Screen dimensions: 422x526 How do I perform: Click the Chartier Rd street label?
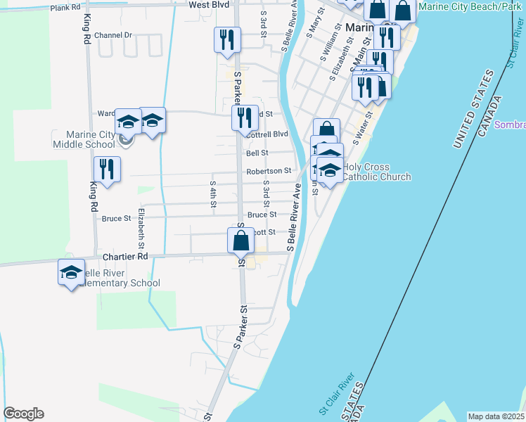click(123, 257)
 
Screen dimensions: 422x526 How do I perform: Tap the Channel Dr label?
click(113, 34)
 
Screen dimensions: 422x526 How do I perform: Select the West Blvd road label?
click(210, 4)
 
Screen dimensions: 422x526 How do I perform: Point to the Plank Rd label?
click(65, 7)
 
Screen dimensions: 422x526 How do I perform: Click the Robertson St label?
click(269, 171)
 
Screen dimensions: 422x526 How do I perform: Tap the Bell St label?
click(257, 153)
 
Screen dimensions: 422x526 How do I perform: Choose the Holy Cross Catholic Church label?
click(376, 172)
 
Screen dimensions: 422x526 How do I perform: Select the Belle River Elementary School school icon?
click(71, 272)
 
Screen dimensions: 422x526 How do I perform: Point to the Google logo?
click(24, 414)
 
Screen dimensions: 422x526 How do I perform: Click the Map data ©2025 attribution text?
click(496, 416)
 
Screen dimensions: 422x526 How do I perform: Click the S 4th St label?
click(213, 194)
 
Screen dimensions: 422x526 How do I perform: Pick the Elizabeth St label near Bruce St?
click(141, 228)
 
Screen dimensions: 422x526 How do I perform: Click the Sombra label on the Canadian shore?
click(510, 124)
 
